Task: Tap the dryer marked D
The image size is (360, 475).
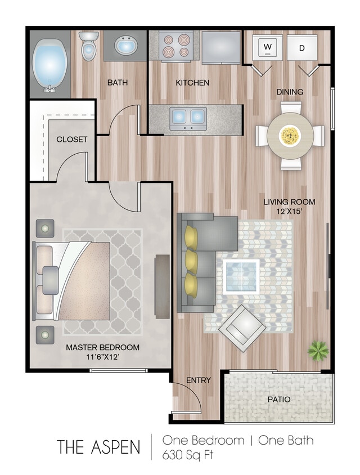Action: click(x=301, y=47)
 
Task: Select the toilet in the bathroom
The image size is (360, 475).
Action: click(x=88, y=46)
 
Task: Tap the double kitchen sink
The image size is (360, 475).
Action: click(x=188, y=116)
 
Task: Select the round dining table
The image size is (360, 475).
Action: click(x=290, y=135)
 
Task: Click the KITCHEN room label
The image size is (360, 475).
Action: click(x=192, y=83)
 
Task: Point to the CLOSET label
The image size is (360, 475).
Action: click(x=71, y=139)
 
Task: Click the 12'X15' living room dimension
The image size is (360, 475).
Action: click(x=290, y=212)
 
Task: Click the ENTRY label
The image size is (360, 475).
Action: click(x=199, y=380)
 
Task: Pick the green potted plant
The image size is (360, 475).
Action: click(x=318, y=351)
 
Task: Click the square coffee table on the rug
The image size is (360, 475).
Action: click(x=241, y=276)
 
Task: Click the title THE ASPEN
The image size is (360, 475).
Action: click(x=98, y=447)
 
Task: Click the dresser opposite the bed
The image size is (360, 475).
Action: click(x=163, y=286)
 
